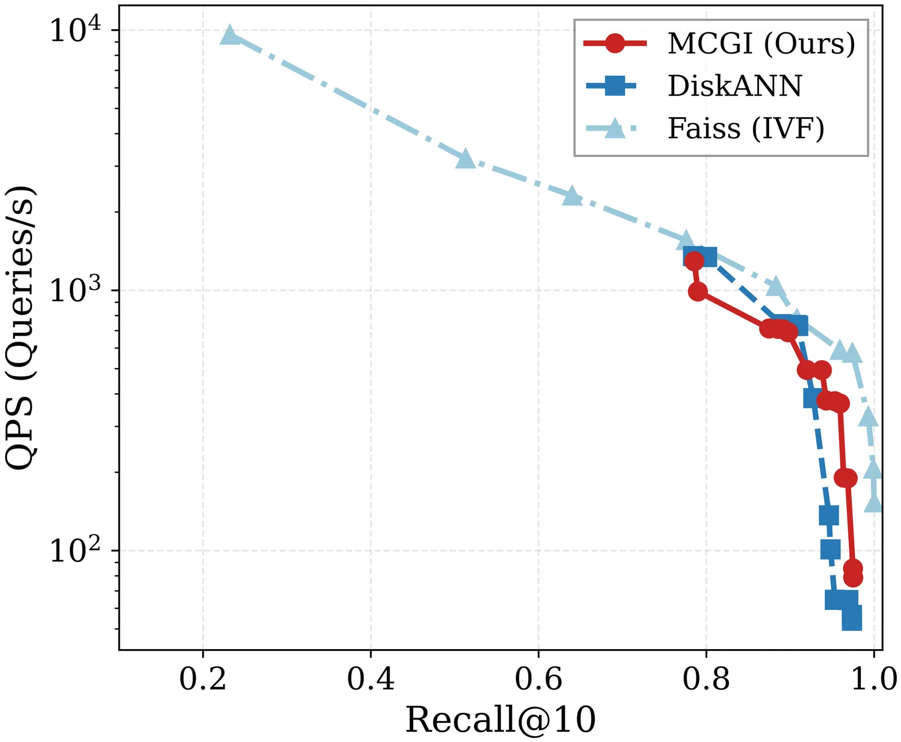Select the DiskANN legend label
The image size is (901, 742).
[x=735, y=86]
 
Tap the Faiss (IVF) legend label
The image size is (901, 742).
[x=746, y=128]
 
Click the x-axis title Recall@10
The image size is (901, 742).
[x=501, y=719]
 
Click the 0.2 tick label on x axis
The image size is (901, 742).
[x=203, y=679]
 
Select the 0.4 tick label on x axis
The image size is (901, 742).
[x=371, y=679]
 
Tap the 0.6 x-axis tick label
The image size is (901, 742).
[x=538, y=679]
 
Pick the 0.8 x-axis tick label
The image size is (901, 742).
[x=706, y=679]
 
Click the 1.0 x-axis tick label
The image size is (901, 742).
[x=873, y=679]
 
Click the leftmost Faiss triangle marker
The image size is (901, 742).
[x=230, y=35]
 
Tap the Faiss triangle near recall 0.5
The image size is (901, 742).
[x=466, y=159]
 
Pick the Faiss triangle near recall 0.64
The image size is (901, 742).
[x=572, y=196]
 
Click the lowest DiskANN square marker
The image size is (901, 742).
[x=851, y=619]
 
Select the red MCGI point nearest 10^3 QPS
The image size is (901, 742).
[x=698, y=292]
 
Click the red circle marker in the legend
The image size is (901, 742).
[x=615, y=43]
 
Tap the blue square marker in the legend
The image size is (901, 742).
[x=615, y=86]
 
